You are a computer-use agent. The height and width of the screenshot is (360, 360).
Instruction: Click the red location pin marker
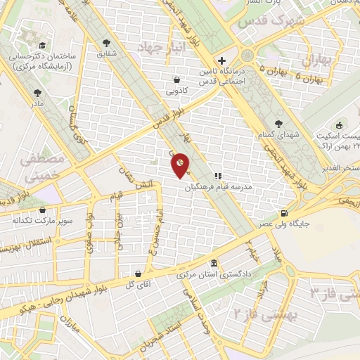click(181, 165)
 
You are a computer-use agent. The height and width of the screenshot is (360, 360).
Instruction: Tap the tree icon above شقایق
click(106, 41)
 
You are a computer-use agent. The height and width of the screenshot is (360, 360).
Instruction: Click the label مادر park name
click(37, 103)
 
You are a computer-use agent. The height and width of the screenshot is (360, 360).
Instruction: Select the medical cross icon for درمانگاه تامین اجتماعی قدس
click(221, 60)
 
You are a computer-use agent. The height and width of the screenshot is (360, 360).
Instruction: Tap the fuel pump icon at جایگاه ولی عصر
click(283, 214)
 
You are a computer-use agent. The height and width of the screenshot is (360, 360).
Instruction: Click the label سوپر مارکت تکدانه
click(41, 220)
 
